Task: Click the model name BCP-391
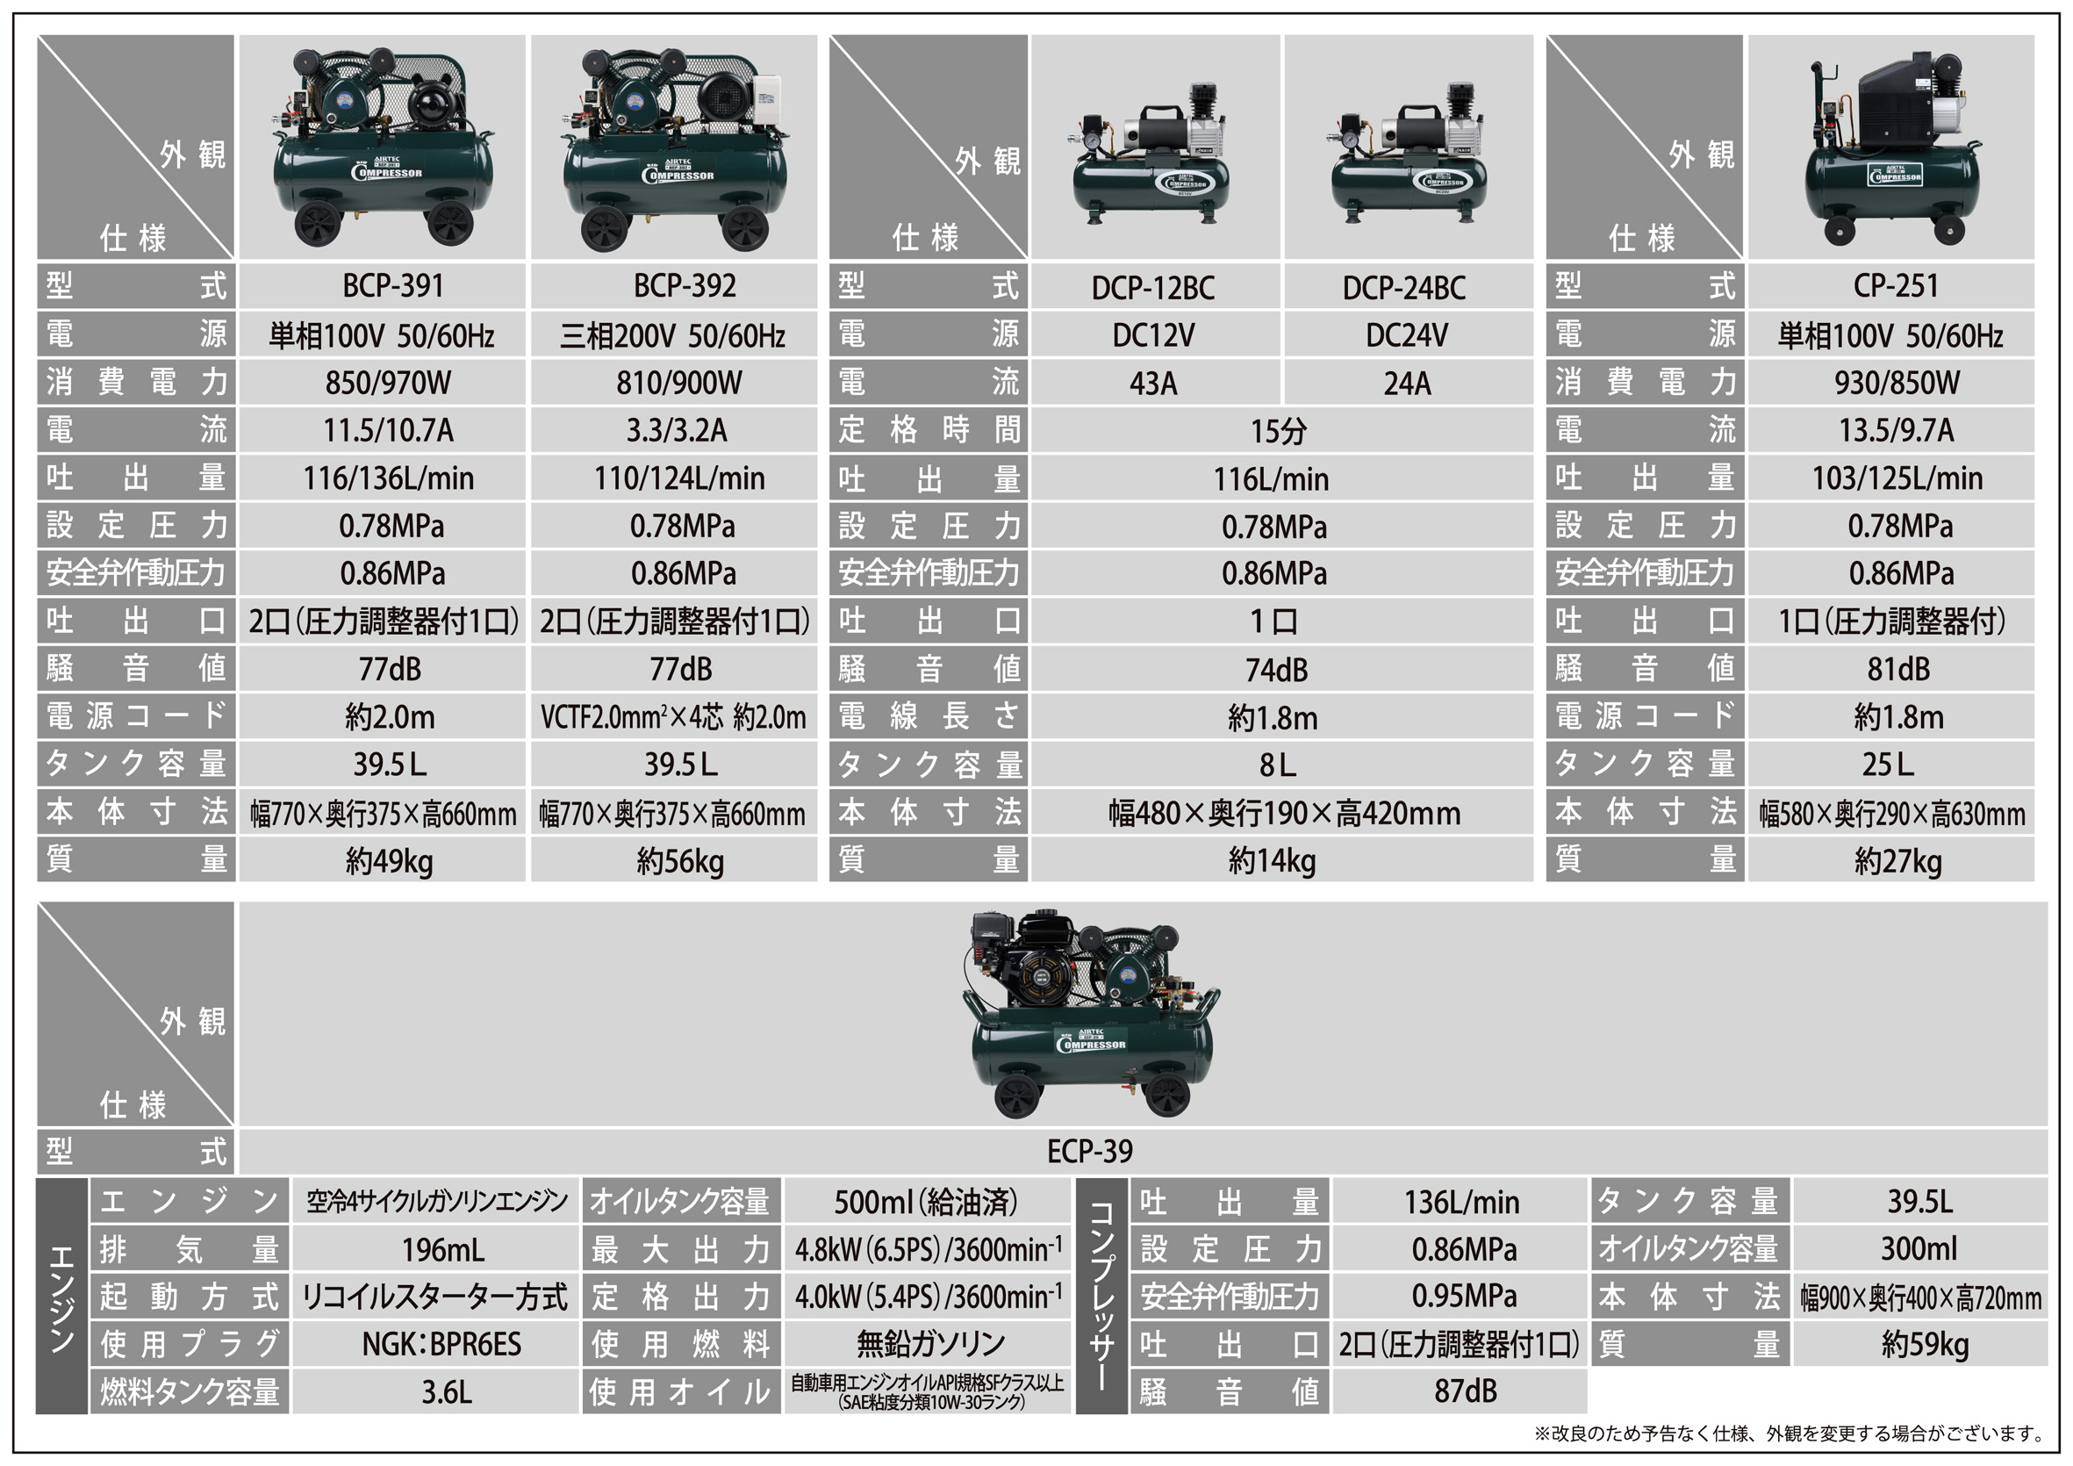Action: click(393, 286)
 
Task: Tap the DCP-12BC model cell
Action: click(1153, 288)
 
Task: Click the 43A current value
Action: click(1153, 384)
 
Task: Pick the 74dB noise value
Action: click(1276, 670)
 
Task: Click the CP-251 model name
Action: click(1896, 286)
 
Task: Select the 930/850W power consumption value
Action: click(1897, 383)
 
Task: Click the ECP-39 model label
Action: click(1090, 1152)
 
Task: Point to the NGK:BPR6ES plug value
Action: click(441, 1344)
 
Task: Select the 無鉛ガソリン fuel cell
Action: click(931, 1344)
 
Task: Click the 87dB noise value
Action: click(1466, 1391)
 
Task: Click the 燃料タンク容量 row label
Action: click(190, 1392)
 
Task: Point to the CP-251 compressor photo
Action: click(1892, 149)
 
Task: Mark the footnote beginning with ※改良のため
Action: click(1790, 1434)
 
